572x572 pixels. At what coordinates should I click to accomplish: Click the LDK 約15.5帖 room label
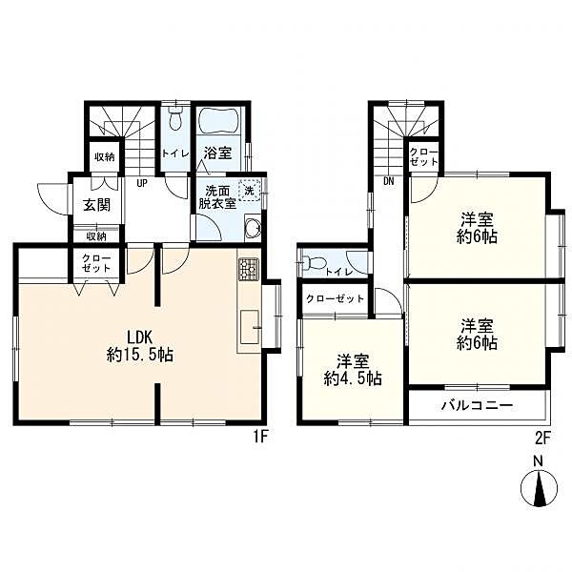pyautogui.click(x=140, y=345)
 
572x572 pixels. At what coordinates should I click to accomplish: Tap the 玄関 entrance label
pyautogui.click(x=96, y=205)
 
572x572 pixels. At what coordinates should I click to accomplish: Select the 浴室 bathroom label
pyautogui.click(x=217, y=153)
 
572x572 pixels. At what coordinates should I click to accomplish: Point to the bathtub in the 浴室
pyautogui.click(x=217, y=120)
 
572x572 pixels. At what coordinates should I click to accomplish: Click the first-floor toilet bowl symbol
pyautogui.click(x=175, y=118)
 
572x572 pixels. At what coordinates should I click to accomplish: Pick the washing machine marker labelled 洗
pyautogui.click(x=249, y=190)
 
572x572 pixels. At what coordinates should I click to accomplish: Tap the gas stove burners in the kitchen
pyautogui.click(x=249, y=269)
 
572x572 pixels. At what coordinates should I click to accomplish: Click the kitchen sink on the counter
pyautogui.click(x=250, y=327)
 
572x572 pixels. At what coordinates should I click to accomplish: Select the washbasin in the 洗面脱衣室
pyautogui.click(x=253, y=227)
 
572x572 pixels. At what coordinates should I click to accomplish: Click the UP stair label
pyautogui.click(x=142, y=183)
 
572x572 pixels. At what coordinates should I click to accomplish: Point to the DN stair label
pyautogui.click(x=389, y=181)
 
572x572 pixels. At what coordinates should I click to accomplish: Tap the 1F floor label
pyautogui.click(x=261, y=438)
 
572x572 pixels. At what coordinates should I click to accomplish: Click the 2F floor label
pyautogui.click(x=542, y=439)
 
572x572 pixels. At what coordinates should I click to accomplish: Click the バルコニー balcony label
pyautogui.click(x=478, y=406)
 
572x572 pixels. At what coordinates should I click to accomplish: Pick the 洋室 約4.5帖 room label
pyautogui.click(x=353, y=371)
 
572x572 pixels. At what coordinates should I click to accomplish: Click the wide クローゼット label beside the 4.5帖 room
pyautogui.click(x=335, y=299)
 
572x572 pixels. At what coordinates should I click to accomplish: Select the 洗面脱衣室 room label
pyautogui.click(x=217, y=197)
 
